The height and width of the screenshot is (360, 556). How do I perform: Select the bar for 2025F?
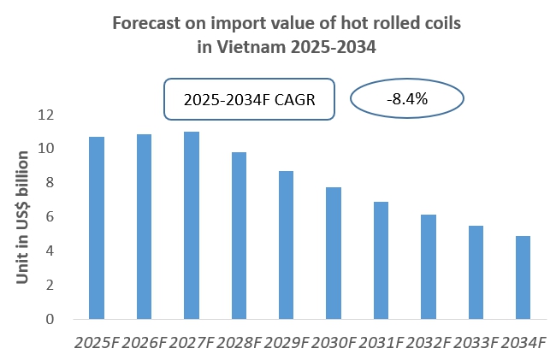click(97, 228)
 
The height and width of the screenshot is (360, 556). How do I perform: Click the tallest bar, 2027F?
click(192, 226)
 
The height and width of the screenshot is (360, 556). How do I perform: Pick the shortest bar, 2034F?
click(523, 278)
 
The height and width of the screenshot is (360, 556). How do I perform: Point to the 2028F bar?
click(239, 236)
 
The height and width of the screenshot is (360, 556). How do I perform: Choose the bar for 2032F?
click(429, 267)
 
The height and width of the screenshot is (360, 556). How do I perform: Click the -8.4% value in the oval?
click(407, 99)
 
